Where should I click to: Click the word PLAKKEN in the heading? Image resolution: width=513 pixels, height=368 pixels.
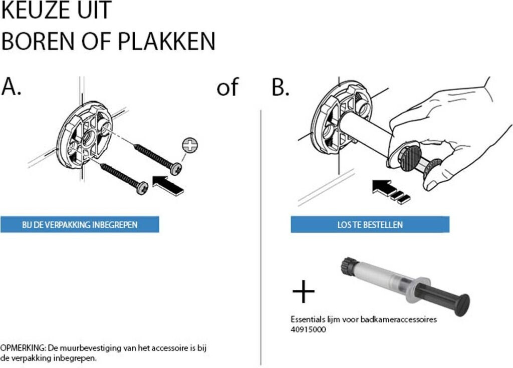166,41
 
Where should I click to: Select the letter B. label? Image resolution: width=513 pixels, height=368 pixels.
281,87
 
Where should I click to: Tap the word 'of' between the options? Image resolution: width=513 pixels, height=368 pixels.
227,87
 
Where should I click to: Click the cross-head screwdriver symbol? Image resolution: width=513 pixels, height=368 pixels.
190,145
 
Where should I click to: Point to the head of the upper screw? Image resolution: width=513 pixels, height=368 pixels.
176,168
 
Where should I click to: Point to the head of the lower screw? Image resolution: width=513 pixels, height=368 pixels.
142,188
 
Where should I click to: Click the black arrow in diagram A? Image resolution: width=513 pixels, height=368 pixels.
168,185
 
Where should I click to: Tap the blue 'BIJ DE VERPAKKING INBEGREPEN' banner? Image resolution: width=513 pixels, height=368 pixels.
80,224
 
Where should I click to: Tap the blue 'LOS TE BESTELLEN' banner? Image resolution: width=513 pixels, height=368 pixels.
370,224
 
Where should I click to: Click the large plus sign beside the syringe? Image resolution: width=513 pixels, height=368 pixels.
303,291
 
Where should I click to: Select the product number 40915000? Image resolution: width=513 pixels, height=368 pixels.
308,329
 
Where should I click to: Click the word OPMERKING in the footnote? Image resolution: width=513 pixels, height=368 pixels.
22,347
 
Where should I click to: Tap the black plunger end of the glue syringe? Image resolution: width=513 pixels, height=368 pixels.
462,304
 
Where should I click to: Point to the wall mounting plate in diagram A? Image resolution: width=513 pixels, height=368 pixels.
85,135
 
